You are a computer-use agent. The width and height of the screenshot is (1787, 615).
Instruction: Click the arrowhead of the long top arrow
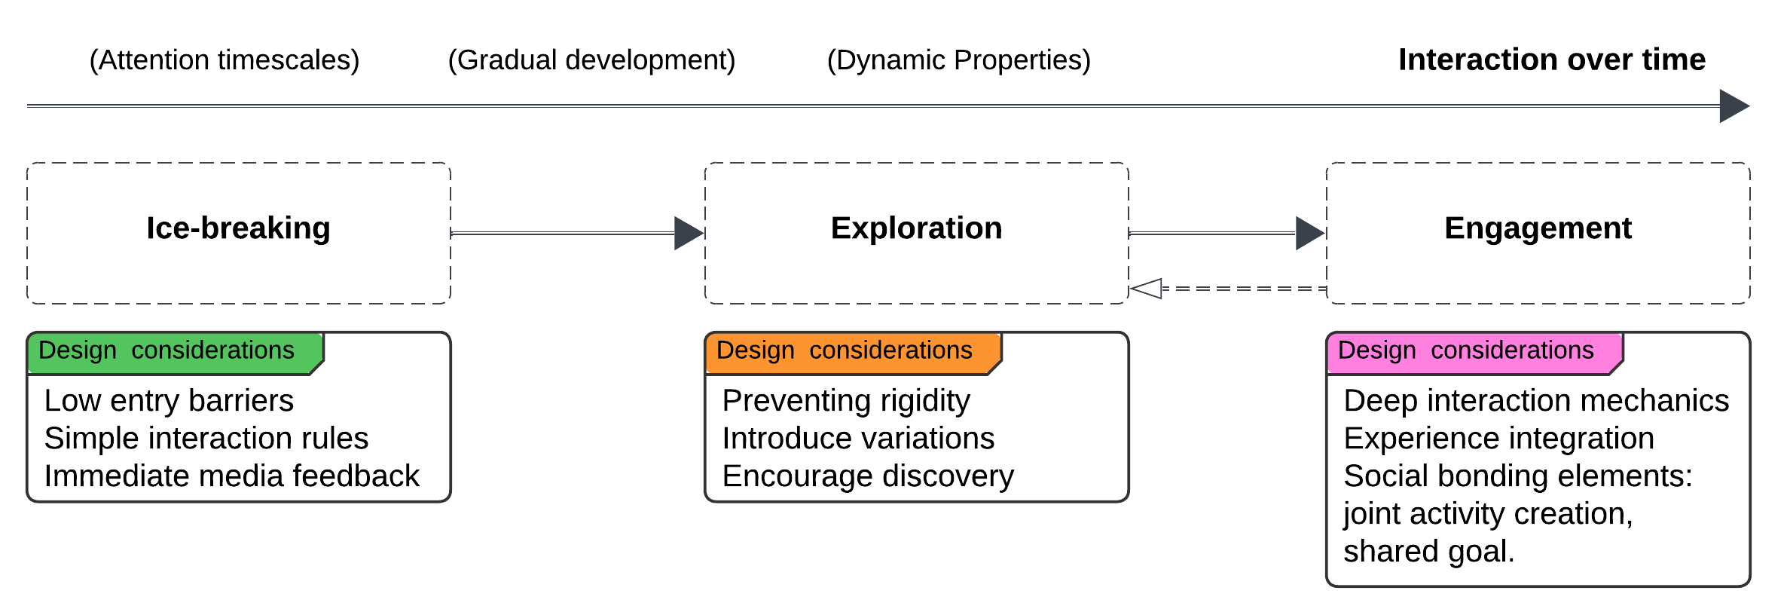[x=1733, y=106]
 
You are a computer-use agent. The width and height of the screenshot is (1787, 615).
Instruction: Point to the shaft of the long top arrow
[x=866, y=106]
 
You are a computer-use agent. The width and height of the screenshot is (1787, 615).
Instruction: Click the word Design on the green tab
[x=78, y=350]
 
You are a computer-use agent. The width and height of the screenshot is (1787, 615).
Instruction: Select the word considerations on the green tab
[x=212, y=350]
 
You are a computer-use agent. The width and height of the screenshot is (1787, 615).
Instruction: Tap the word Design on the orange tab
[x=756, y=350]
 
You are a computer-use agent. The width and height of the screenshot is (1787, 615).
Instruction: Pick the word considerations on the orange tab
[x=890, y=350]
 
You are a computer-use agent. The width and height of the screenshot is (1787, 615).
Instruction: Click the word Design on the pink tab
[x=1377, y=350]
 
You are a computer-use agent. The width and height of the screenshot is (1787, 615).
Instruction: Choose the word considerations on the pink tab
[x=1512, y=350]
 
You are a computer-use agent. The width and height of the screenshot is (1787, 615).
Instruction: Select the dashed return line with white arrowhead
[x=1243, y=289]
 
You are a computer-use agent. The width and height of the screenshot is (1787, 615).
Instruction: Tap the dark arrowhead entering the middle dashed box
[x=688, y=234]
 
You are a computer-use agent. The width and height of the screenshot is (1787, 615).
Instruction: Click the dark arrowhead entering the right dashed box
[x=1309, y=234]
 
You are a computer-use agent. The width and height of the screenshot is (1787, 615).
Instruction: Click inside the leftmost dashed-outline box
[x=239, y=233]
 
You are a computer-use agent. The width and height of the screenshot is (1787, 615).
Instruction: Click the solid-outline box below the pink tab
[x=1538, y=482]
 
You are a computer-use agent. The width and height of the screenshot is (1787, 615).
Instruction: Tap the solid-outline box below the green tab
[x=239, y=437]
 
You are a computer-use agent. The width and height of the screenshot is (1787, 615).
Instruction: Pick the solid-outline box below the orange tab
[x=916, y=437]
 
